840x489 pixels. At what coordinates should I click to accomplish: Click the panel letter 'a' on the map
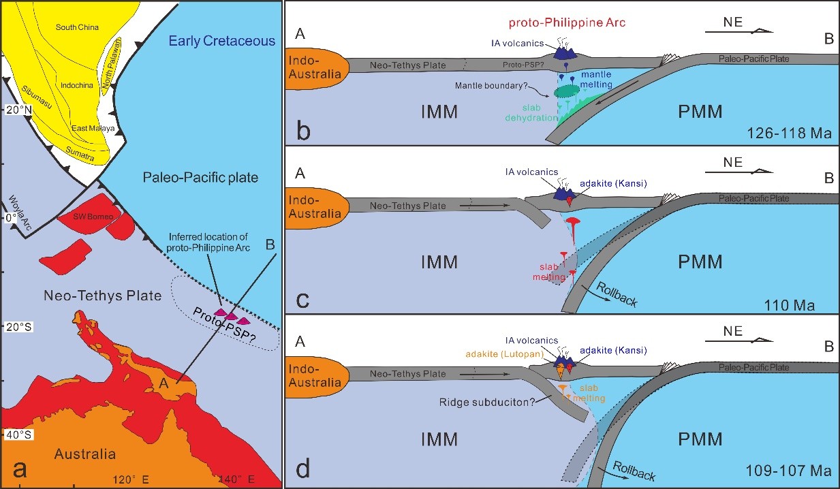[20, 469]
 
